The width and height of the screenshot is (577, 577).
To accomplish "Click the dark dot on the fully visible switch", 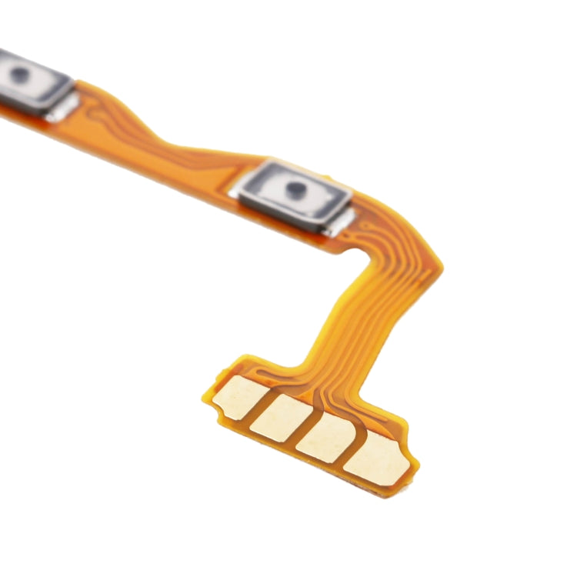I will click(295, 187).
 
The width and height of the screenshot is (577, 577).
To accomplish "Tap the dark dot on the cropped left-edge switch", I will click(19, 75).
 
